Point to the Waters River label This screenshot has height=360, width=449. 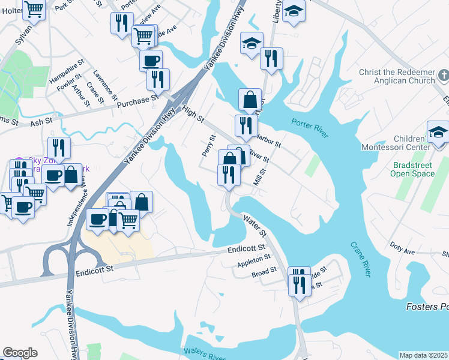pyautogui.click(x=205, y=353)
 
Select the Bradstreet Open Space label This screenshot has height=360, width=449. pyautogui.click(x=413, y=169)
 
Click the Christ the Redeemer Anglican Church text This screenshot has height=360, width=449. pyautogui.click(x=396, y=77)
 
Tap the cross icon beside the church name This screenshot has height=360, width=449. pyautogui.click(x=443, y=76)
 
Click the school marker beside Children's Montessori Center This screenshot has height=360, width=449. pyautogui.click(x=438, y=133)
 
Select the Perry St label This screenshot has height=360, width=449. pyautogui.click(x=208, y=146)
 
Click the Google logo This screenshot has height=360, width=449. pyautogui.click(x=20, y=353)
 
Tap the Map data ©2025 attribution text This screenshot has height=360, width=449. pyautogui.click(x=423, y=355)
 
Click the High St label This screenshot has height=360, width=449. pyautogui.click(x=193, y=112)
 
